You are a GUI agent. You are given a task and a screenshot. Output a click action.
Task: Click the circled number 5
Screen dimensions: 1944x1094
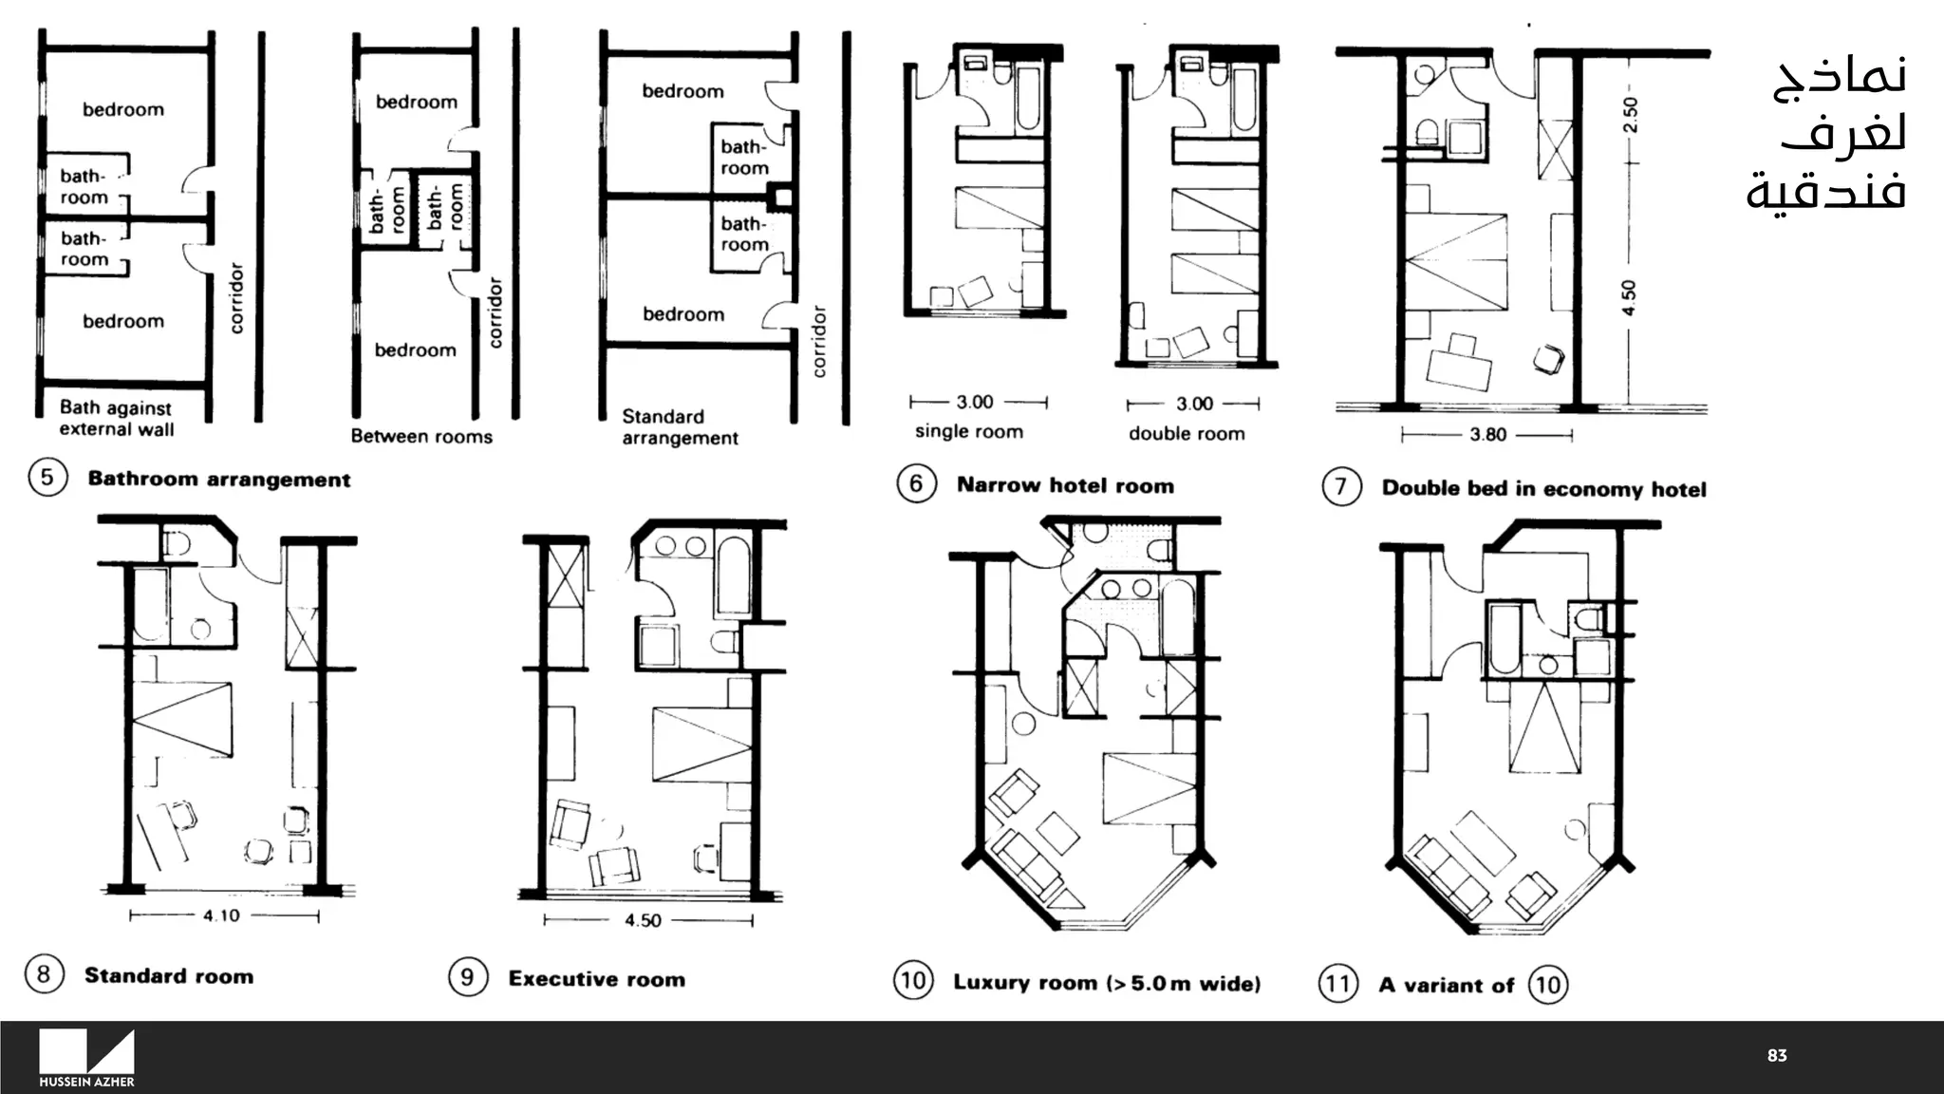point(47,477)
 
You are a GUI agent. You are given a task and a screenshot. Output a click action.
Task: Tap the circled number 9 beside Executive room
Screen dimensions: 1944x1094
point(468,977)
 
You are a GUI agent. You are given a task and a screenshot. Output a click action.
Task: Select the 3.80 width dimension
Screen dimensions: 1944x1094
point(1487,435)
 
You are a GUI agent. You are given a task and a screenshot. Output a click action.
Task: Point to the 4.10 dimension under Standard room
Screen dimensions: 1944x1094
point(221,915)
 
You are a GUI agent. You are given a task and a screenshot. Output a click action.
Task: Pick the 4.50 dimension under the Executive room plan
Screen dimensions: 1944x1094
point(644,920)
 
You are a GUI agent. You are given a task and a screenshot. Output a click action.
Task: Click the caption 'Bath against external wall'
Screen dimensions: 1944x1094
point(116,418)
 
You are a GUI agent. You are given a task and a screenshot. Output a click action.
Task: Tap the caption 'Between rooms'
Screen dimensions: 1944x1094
point(421,437)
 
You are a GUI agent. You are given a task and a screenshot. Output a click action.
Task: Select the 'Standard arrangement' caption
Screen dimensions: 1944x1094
point(680,427)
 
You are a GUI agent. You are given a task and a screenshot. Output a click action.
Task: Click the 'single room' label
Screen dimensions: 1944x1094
point(969,432)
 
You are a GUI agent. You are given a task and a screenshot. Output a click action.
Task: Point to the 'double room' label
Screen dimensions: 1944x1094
point(1187,434)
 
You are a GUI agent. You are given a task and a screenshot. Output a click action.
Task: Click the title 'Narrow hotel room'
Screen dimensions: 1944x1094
point(1065,485)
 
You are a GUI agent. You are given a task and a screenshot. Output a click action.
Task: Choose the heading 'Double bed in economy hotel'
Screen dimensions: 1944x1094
point(1543,489)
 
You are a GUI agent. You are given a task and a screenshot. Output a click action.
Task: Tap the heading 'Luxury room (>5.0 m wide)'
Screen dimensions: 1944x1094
point(1107,983)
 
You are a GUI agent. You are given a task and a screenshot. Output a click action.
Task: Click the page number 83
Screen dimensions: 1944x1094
point(1777,1056)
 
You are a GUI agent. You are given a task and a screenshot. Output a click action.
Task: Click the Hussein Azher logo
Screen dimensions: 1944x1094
point(86,1057)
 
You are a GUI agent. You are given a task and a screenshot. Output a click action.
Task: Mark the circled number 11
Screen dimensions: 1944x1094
point(1338,983)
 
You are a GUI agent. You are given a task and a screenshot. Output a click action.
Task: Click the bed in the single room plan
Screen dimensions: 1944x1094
point(999,207)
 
